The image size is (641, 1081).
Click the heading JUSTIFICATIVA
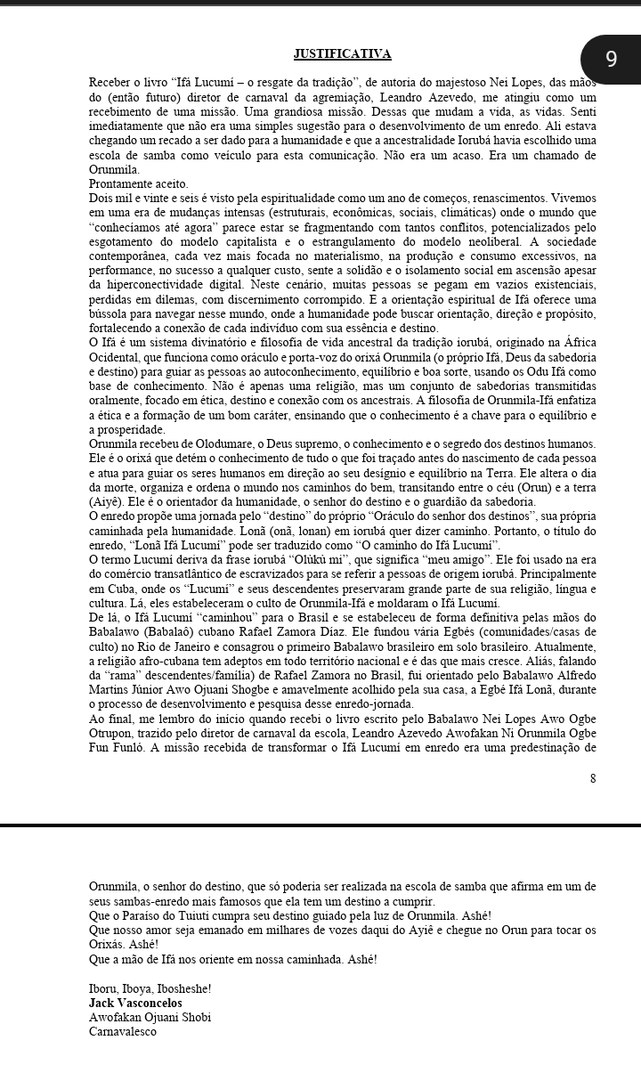(x=343, y=54)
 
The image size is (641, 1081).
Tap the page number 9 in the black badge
(x=611, y=60)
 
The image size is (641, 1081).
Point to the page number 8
(x=592, y=778)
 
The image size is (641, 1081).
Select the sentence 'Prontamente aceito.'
(x=139, y=183)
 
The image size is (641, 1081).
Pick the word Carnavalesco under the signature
(x=123, y=1031)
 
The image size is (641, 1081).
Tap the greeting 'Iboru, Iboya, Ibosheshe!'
(x=150, y=988)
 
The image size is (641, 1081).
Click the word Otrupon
(x=113, y=732)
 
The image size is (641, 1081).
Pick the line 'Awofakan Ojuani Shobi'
(x=150, y=1017)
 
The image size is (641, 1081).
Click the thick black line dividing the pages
(x=320, y=825)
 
